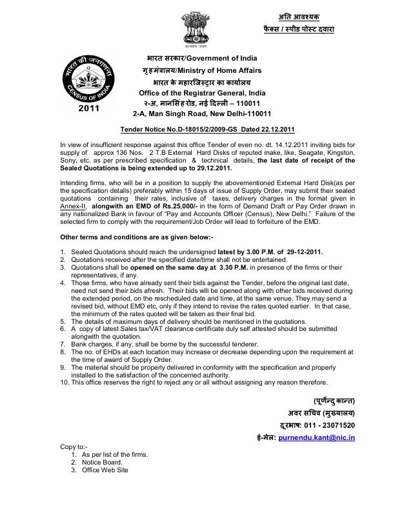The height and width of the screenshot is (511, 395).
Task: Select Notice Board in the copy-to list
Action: click(x=99, y=462)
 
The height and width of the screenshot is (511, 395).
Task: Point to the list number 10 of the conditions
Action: click(x=64, y=382)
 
